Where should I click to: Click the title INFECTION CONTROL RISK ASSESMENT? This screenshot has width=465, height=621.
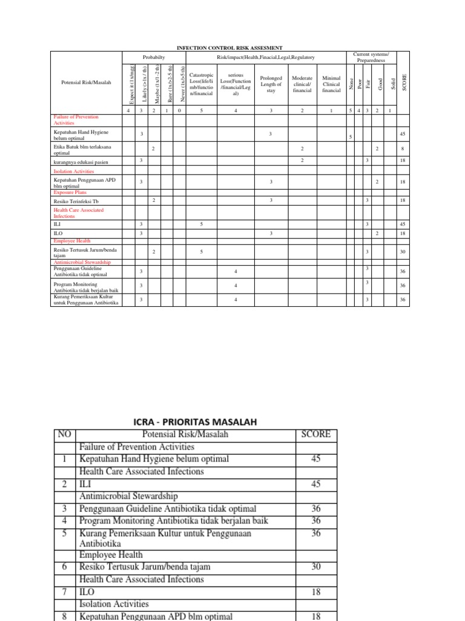click(x=229, y=47)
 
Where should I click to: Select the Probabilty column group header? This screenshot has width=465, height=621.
click(x=153, y=56)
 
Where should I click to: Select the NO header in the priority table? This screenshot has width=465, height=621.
click(x=64, y=434)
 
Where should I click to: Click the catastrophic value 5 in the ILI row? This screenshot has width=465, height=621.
click(x=201, y=224)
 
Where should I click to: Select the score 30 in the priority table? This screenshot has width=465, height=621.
click(x=315, y=566)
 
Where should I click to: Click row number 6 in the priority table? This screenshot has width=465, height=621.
click(x=64, y=566)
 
